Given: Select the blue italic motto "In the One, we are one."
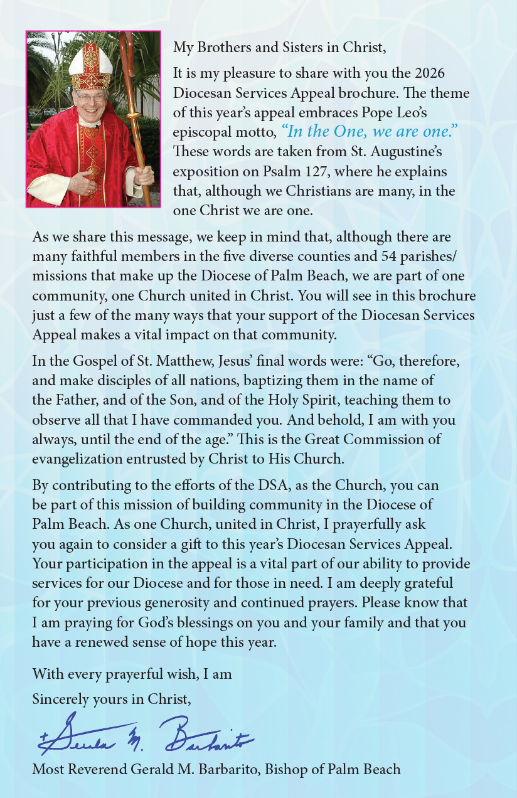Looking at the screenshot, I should coord(370,132).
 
